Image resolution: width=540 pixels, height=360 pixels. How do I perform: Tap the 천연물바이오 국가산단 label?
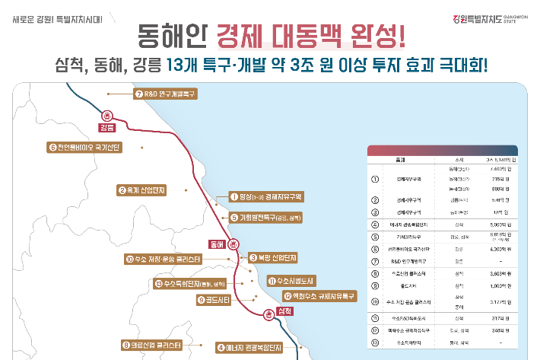[x=90, y=147]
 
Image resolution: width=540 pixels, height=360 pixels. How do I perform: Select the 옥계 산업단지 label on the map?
[x=151, y=190]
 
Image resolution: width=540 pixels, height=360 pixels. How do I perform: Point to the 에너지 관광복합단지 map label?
[x=249, y=348]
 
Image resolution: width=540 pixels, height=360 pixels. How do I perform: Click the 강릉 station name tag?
[x=106, y=127]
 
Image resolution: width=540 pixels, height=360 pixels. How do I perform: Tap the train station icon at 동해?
[x=234, y=244]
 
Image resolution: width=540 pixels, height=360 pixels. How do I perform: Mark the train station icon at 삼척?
[x=268, y=313]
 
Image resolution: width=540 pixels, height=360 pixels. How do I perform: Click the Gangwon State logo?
[x=491, y=15]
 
